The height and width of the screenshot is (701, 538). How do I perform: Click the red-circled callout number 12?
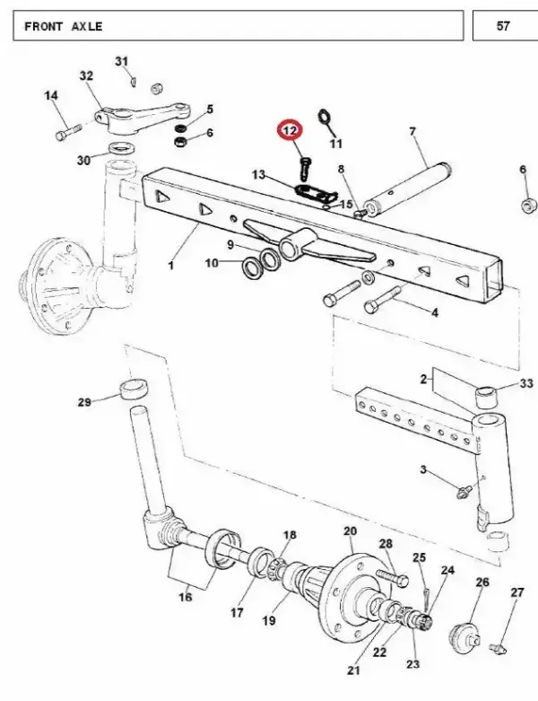(290, 130)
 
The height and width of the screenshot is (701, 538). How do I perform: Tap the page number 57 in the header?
(503, 26)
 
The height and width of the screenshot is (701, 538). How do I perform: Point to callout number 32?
(86, 75)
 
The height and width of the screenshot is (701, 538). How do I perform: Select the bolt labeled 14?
(67, 131)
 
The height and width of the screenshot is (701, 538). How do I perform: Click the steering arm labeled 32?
(142, 118)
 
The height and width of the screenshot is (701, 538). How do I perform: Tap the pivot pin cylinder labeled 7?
(409, 188)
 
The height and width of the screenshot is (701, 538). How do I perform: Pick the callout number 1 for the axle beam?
(171, 265)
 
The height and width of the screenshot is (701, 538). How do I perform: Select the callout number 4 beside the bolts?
(434, 312)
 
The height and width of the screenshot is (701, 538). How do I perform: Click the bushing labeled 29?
(134, 389)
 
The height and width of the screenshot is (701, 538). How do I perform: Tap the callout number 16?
(185, 596)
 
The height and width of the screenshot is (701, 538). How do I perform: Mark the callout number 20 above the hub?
(350, 531)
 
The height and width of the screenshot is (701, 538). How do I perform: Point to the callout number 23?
(412, 663)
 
